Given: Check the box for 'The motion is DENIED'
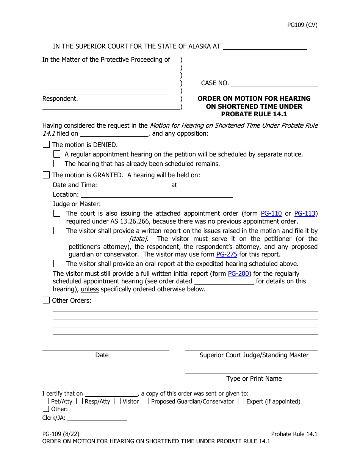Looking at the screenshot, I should tap(46, 144).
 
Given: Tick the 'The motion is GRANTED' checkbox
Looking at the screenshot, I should tap(46, 175).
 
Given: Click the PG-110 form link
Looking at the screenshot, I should tap(271, 213).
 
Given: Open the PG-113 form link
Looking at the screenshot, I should tap(305, 213).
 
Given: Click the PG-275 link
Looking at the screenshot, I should tap(227, 254).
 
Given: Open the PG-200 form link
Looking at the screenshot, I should tap(238, 274).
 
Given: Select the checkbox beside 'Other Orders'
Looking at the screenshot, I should tap(46, 300).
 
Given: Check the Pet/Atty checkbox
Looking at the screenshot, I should tap(46, 401).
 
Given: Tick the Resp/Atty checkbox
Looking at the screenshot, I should tap(79, 401).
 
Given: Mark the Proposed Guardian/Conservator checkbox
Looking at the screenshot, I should tap(146, 401).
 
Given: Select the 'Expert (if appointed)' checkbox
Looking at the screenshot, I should tap(241, 401).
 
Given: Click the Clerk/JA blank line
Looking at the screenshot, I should tap(97, 418).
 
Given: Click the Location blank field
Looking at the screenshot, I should tap(157, 194).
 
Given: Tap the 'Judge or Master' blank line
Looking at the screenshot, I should tap(167, 204).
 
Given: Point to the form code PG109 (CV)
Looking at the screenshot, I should tap(302, 25).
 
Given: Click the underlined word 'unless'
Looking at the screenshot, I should tap(90, 289).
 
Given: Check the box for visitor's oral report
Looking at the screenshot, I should tap(57, 264).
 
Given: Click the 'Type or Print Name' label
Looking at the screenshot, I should tap(254, 378).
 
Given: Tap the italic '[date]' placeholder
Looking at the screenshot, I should tap(138, 239).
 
